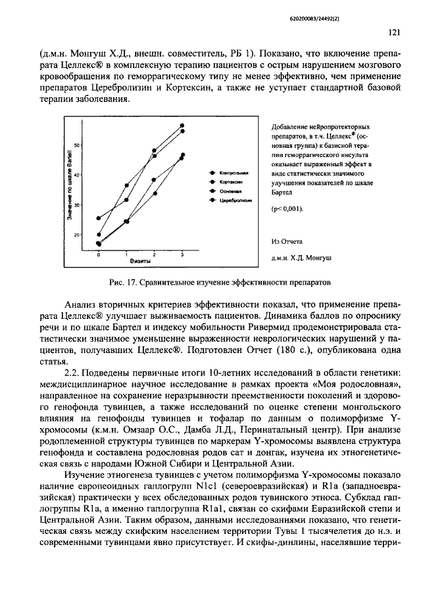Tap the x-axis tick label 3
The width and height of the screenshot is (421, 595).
click(x=182, y=254)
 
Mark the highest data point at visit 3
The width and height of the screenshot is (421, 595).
click(x=182, y=125)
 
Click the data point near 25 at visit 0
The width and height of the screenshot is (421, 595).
click(x=99, y=218)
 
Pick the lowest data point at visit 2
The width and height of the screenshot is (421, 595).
click(x=155, y=193)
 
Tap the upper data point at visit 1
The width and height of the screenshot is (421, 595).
click(x=126, y=185)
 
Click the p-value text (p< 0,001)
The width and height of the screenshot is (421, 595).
click(x=287, y=208)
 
